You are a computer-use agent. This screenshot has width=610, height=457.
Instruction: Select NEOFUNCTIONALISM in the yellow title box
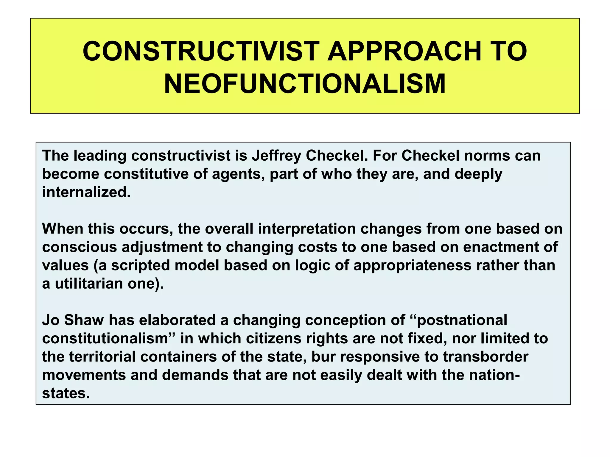(305, 84)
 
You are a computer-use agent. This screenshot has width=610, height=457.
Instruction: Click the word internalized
(86, 192)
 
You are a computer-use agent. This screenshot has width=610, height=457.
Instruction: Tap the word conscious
(79, 247)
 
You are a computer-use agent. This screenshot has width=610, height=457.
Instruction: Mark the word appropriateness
(412, 265)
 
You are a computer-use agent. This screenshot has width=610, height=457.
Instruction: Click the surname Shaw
(84, 320)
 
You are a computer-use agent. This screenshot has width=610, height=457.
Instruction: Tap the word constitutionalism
(105, 339)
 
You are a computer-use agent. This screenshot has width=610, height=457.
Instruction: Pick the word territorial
(102, 357)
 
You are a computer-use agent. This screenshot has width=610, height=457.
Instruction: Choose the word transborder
(485, 357)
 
